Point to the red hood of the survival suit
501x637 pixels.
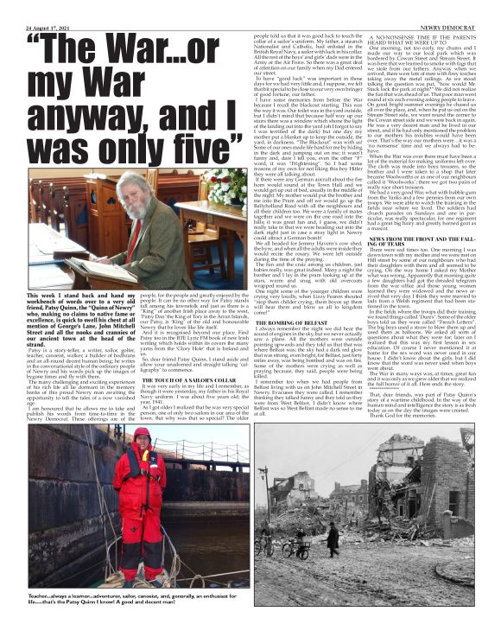[142, 437]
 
